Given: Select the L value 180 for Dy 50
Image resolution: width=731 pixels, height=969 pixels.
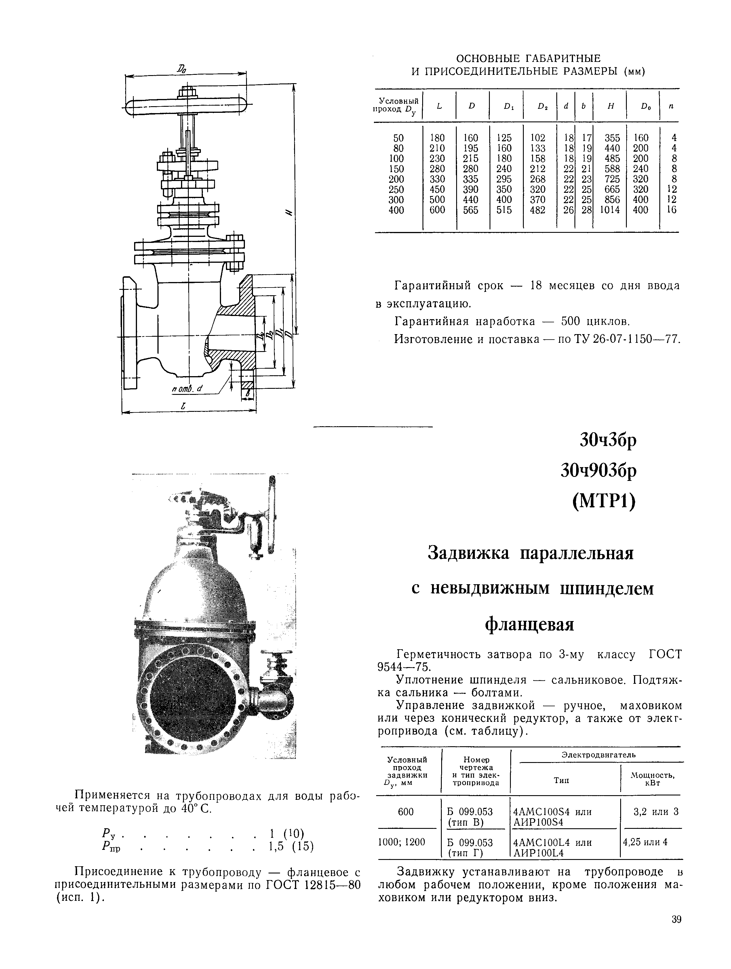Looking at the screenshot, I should tap(437, 138).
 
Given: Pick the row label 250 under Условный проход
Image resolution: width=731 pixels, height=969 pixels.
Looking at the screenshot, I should tap(396, 190).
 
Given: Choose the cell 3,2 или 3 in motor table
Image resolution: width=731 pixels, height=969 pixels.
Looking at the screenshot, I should tap(656, 812).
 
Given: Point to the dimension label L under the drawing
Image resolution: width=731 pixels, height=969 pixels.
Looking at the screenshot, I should tap(184, 406).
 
